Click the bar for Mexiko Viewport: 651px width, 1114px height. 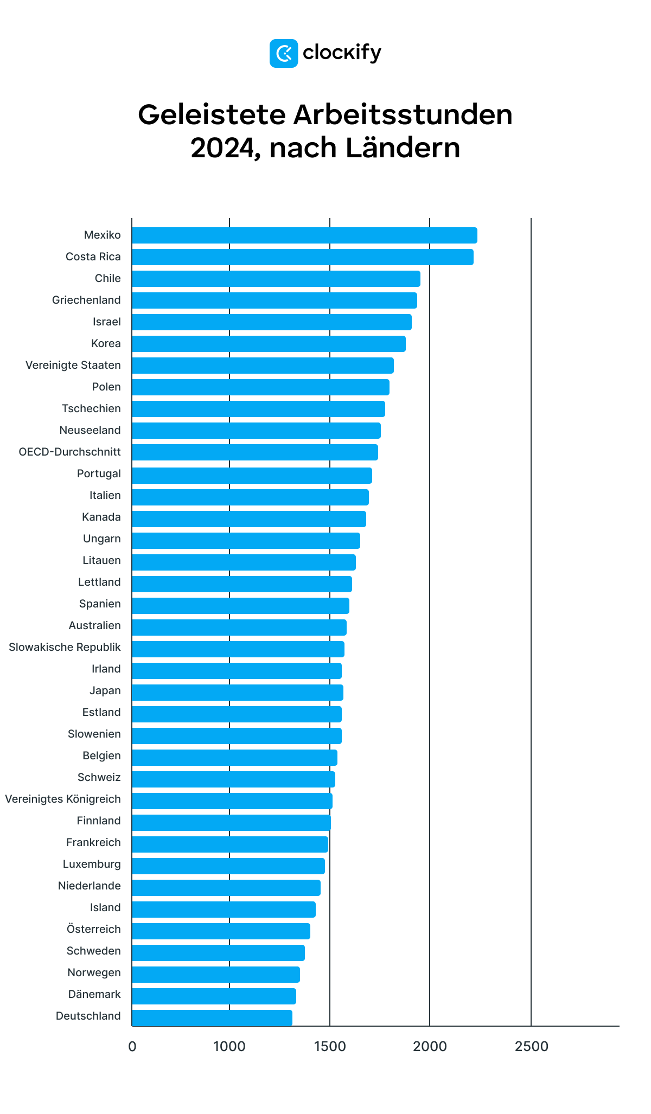(x=304, y=235)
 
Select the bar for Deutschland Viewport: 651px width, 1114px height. (x=212, y=1017)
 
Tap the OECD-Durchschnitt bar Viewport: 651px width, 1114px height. (x=255, y=452)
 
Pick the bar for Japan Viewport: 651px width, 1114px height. (x=238, y=693)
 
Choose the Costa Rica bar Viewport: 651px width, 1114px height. (x=303, y=257)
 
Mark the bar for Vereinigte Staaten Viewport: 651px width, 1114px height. (x=263, y=366)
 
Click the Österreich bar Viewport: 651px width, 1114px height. (x=221, y=931)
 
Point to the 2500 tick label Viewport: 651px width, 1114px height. (x=531, y=1046)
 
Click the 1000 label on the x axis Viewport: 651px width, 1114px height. (x=229, y=1046)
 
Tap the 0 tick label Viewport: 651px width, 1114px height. (x=132, y=1046)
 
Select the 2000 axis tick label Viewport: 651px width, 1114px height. (x=430, y=1046)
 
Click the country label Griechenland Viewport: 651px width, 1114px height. (x=86, y=300)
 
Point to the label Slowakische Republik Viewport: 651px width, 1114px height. (x=65, y=647)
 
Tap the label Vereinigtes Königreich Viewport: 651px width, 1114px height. (x=63, y=799)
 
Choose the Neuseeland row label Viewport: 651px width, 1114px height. (x=90, y=430)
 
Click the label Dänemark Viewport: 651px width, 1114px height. (x=94, y=994)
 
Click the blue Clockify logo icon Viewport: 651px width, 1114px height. (x=283, y=53)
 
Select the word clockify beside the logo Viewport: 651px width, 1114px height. (x=342, y=53)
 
